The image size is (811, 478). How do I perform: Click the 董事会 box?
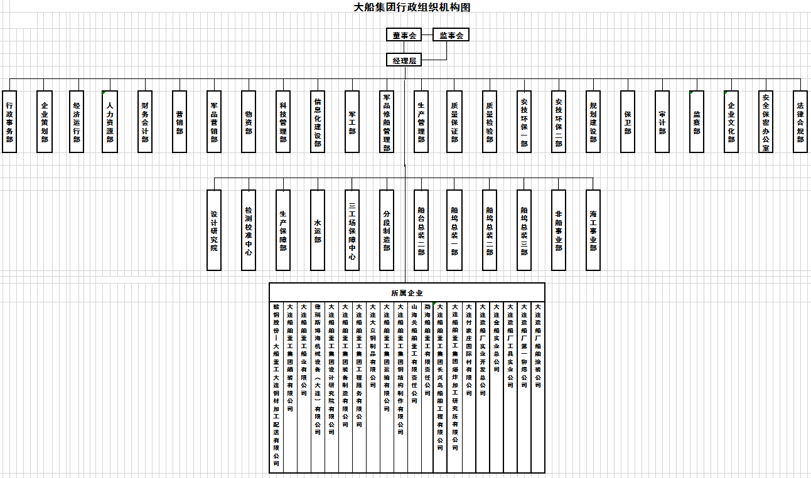(404, 35)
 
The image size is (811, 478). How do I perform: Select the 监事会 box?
(451, 35)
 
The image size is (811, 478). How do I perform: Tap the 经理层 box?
(404, 60)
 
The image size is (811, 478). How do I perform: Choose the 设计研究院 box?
(214, 230)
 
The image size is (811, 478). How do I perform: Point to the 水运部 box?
(318, 230)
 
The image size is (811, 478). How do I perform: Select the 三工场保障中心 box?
(352, 230)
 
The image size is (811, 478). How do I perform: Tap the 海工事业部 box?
(593, 230)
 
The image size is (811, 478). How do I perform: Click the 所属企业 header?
(407, 293)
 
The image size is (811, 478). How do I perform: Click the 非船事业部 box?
(559, 230)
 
